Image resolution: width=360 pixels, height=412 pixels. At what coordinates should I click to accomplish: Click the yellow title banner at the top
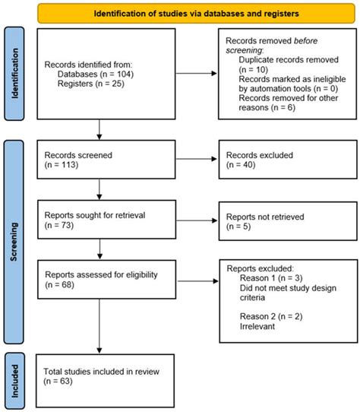pyautogui.click(x=185, y=13)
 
